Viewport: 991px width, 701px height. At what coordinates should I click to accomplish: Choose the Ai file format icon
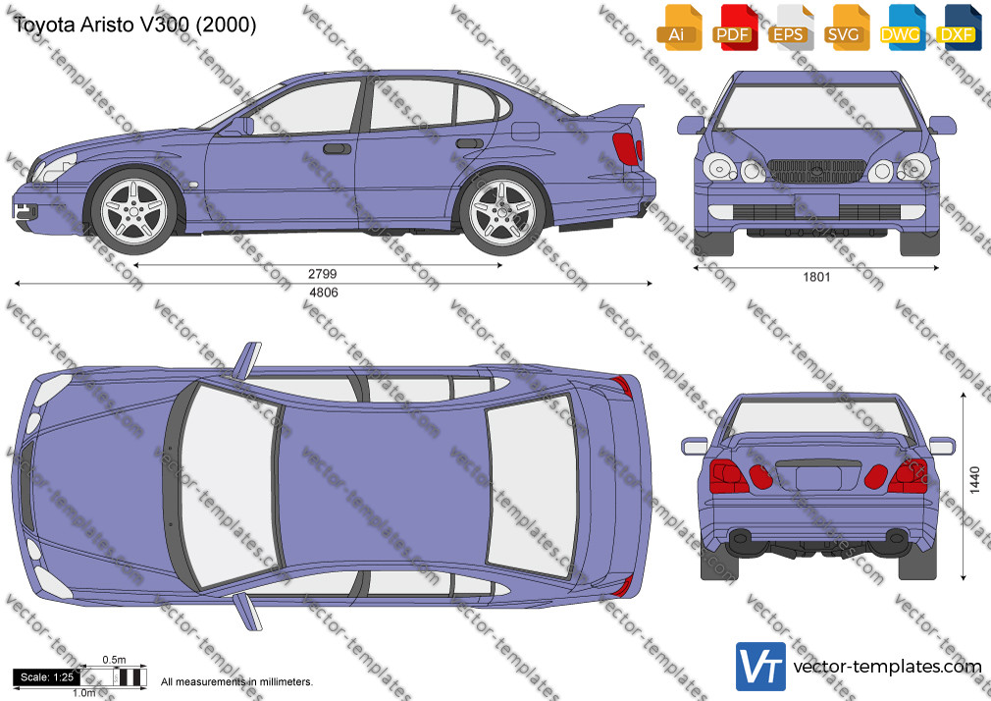point(677,27)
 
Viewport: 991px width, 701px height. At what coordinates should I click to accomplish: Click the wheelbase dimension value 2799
point(323,274)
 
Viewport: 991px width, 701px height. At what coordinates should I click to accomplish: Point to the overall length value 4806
point(324,293)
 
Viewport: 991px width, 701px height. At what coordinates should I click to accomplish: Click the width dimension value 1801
point(816,277)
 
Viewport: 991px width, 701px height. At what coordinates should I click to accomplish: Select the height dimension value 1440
point(974,479)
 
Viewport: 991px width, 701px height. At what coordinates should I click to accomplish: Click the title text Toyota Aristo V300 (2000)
point(134,25)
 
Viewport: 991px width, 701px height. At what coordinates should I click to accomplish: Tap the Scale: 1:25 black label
point(47,677)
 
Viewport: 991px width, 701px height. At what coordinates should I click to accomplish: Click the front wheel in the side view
point(134,210)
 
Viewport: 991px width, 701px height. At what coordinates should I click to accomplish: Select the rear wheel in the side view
point(502,211)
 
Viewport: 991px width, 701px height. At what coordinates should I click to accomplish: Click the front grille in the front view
point(816,171)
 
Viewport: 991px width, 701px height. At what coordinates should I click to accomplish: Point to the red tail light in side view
point(627,149)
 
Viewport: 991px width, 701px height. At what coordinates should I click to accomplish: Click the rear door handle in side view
point(470,143)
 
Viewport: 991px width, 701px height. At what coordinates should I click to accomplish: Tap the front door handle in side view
point(337,148)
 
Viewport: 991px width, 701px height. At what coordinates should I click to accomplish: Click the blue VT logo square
point(761,667)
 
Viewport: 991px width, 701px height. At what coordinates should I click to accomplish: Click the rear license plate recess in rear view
point(818,478)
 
